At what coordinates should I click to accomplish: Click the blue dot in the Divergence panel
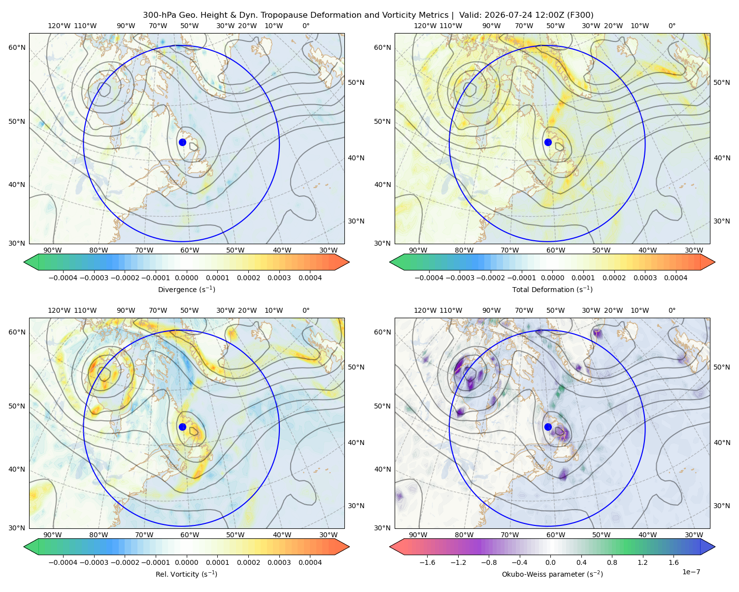[182, 142]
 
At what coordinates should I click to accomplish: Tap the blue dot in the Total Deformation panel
[548, 142]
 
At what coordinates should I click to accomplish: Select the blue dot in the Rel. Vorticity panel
[182, 427]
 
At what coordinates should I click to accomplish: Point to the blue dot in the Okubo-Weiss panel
[548, 427]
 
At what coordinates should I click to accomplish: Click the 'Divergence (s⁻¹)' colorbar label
[186, 289]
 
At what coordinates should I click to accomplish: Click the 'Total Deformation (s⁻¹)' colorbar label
[552, 289]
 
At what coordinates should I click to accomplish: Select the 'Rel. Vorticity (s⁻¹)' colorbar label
[186, 574]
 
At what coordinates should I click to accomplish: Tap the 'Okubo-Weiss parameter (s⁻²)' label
[552, 574]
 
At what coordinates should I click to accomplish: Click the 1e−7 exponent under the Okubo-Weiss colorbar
[691, 572]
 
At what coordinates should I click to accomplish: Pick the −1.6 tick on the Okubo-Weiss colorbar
[427, 562]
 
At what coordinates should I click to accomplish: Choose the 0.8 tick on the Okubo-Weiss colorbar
[612, 562]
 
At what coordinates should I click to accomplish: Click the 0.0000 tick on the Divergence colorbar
[186, 278]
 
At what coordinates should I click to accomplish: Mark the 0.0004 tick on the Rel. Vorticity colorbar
[310, 562]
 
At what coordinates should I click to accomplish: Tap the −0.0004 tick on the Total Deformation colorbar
[429, 278]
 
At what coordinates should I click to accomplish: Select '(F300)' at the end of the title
[580, 15]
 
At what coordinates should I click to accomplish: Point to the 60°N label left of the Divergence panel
[17, 47]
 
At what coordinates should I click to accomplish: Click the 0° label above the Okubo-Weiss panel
[672, 310]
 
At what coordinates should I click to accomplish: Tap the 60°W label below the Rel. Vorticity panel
[190, 535]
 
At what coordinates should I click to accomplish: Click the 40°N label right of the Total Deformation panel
[722, 158]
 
